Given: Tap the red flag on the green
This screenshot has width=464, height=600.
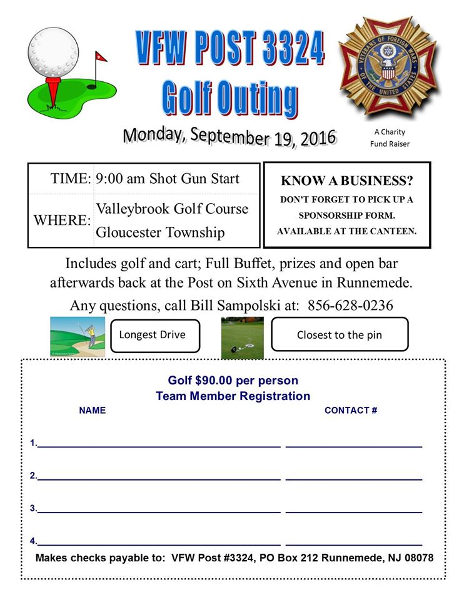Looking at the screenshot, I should coord(100,57).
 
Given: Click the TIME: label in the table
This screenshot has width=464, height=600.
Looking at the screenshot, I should coord(71,179).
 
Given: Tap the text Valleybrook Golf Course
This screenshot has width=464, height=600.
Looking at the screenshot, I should coord(172,208).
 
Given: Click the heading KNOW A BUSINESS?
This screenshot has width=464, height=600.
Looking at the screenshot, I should coord(347,181).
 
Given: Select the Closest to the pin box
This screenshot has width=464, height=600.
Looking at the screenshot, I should coord(340,335).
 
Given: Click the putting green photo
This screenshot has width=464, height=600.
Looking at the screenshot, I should coord(243,337).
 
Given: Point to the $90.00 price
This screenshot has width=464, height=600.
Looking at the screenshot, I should coord(214,381).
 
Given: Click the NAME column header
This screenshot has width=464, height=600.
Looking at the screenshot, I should coord(93,411).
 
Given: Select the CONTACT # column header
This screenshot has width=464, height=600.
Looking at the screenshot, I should coord(351,411).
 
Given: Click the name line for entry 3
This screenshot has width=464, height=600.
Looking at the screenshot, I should coord(159,509).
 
